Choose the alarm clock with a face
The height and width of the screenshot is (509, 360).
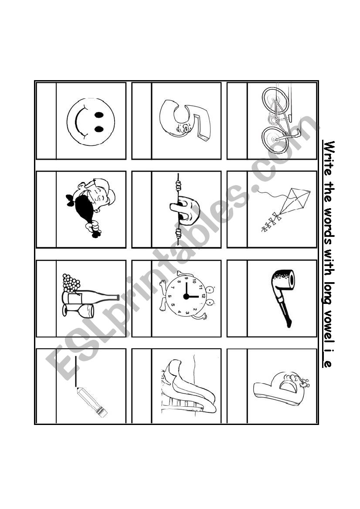[x=186, y=296]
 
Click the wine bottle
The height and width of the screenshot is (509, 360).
[x=90, y=297]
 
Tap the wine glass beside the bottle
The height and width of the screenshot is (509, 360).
[x=78, y=310]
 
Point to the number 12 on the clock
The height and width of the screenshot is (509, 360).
[x=204, y=296]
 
